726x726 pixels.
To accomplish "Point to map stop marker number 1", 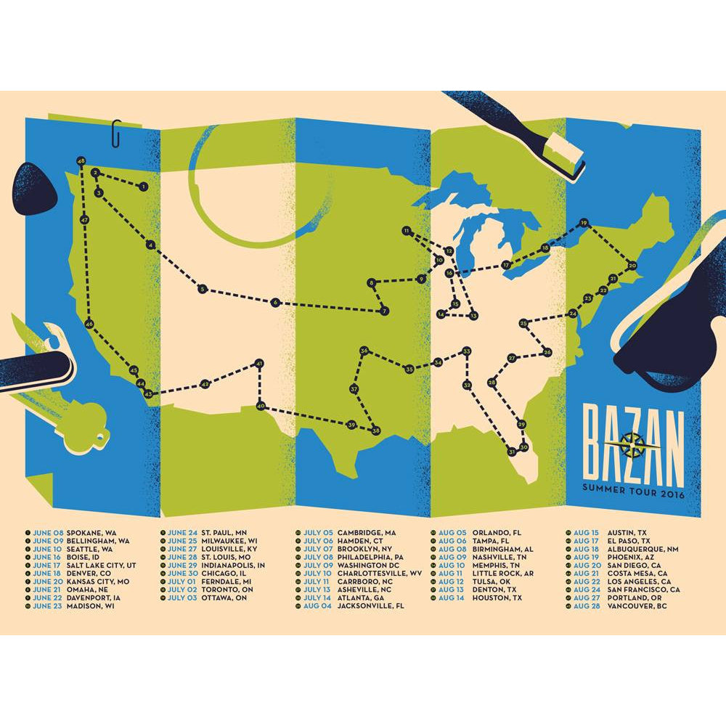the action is (x=144, y=187).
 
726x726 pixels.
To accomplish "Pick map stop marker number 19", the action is (x=583, y=223).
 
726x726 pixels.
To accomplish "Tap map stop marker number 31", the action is (x=512, y=452).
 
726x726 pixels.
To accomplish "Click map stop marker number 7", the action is (x=384, y=311).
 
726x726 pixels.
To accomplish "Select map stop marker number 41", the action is (x=258, y=364).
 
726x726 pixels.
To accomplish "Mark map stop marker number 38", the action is (x=375, y=431).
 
